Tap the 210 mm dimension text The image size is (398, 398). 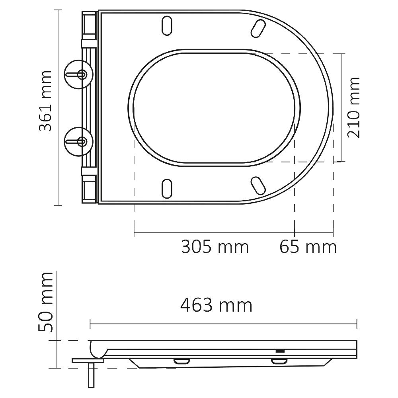[353, 107]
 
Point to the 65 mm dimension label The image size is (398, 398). [308, 247]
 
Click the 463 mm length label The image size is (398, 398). [216, 306]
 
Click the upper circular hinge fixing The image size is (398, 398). [78, 74]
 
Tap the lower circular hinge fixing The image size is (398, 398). [78, 141]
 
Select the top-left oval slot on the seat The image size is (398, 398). [167, 26]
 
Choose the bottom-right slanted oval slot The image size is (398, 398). [258, 185]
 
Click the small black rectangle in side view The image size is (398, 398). [280, 351]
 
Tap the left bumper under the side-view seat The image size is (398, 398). [181, 361]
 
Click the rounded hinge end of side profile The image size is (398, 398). [97, 349]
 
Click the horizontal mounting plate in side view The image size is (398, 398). [88, 361]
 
